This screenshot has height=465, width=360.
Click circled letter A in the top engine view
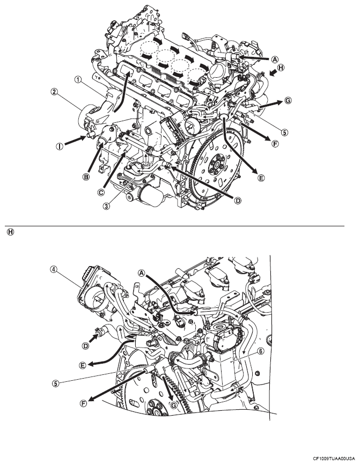point(275,60)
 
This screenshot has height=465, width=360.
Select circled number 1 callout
point(78,79)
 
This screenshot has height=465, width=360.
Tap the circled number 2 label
point(54,92)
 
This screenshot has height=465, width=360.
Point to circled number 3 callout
point(106,205)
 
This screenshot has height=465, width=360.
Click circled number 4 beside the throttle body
point(54,270)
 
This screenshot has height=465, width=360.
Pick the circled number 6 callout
point(260,351)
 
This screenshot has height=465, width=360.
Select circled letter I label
point(60,146)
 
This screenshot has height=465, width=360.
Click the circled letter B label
point(86,177)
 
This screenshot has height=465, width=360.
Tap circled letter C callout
point(101,192)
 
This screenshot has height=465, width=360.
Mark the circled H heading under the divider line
point(10,232)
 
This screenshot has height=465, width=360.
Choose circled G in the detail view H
point(173,405)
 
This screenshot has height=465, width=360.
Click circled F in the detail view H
point(84,403)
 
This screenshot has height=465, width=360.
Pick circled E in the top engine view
point(261,178)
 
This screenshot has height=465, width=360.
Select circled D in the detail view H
point(85,345)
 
